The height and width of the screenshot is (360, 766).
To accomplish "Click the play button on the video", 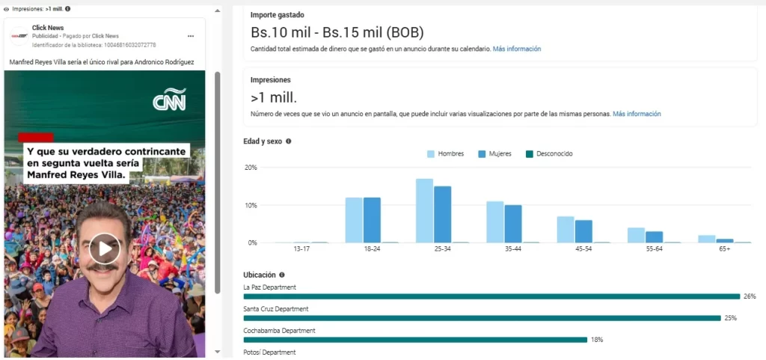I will click(x=105, y=248).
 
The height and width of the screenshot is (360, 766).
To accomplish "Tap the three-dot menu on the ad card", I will click(x=191, y=36).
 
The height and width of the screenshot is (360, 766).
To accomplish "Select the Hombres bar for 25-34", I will click(x=424, y=211).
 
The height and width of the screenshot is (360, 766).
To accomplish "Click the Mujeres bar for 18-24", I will click(x=372, y=220).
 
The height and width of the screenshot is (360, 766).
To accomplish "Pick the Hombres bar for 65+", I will click(x=707, y=239).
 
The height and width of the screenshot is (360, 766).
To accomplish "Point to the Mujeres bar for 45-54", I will click(x=583, y=231).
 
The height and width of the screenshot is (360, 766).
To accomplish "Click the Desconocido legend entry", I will click(x=550, y=153).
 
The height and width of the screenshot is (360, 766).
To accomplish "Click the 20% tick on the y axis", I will click(x=251, y=167).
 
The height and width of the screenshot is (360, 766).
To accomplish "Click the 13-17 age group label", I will click(x=301, y=249).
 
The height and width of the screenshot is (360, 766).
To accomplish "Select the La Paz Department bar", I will click(x=491, y=296).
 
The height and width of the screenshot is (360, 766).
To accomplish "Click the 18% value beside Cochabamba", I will click(x=597, y=340).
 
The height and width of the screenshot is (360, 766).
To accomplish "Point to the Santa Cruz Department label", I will click(x=276, y=308).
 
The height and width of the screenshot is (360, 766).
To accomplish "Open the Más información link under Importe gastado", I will click(x=516, y=49).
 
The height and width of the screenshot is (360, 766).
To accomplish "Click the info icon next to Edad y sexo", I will click(x=289, y=141).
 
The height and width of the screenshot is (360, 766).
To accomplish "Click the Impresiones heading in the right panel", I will click(x=271, y=79).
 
